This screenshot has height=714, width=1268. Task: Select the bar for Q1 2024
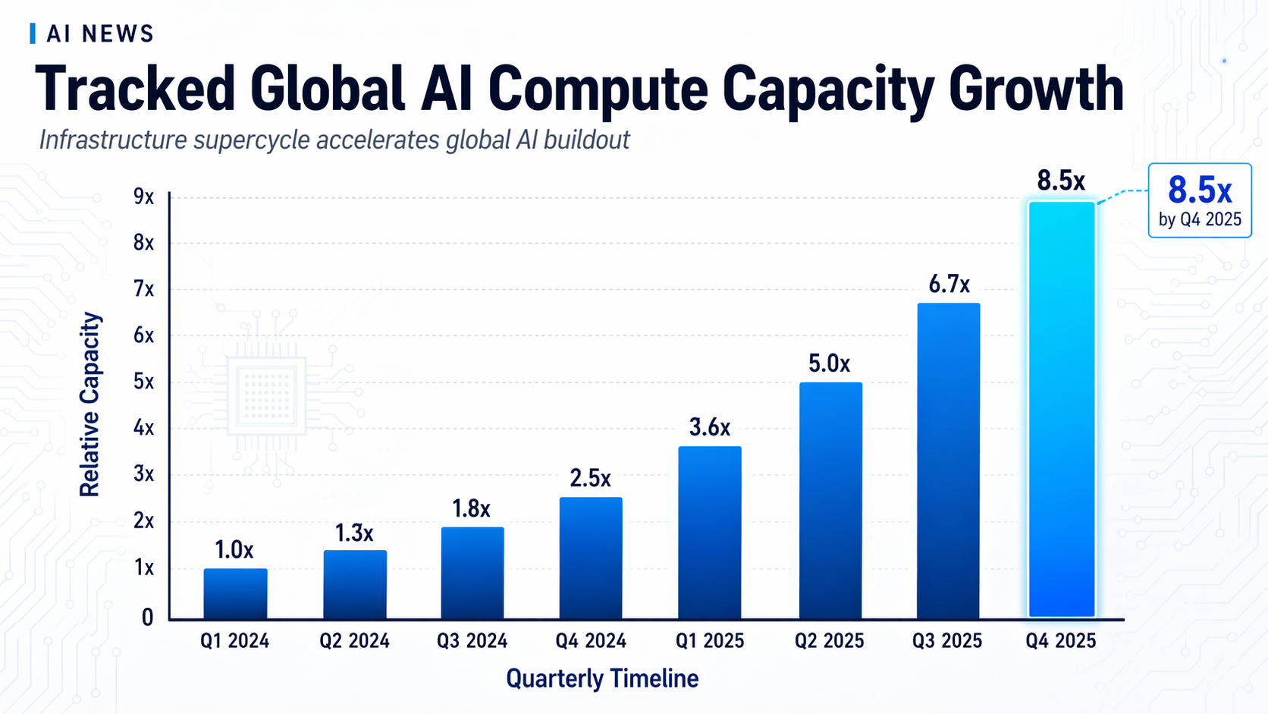tap(235, 593)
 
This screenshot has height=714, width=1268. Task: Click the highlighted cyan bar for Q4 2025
tap(1061, 410)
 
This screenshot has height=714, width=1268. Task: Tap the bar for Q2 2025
tap(830, 501)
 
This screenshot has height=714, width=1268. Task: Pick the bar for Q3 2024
tap(472, 573)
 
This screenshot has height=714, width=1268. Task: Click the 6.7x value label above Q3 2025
tap(949, 285)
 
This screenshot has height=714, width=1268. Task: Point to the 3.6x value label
tap(709, 428)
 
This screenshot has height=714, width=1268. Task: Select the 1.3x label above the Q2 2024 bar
tap(354, 533)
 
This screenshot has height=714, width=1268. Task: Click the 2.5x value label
tap(590, 479)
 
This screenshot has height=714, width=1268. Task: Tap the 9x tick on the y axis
tap(143, 197)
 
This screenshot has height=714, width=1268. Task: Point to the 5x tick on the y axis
tap(143, 382)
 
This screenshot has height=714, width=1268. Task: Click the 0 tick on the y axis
tap(147, 618)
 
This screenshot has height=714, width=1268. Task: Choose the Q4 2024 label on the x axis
tap(590, 641)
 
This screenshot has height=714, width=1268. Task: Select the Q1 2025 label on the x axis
tap(709, 641)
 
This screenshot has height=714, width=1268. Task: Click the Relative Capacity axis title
tap(89, 404)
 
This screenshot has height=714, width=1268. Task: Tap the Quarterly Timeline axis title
tap(602, 678)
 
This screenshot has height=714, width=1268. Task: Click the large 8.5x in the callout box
tap(1199, 190)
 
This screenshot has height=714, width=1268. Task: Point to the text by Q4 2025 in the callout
tap(1199, 220)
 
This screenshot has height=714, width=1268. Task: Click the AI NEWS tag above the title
tap(100, 34)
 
